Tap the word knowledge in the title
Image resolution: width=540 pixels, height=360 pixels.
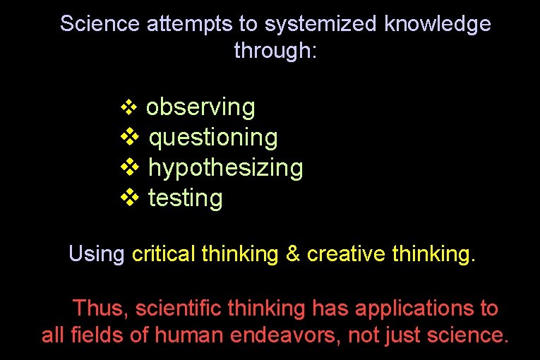[x=438, y=24]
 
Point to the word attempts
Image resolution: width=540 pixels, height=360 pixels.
[x=189, y=24]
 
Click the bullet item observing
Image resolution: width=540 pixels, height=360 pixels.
[x=200, y=107]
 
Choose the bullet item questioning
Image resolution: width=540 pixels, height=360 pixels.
[x=213, y=138]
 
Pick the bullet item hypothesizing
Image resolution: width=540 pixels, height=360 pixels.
[x=225, y=168]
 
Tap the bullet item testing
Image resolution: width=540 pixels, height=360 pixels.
[x=186, y=198]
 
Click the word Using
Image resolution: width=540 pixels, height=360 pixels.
[x=97, y=253]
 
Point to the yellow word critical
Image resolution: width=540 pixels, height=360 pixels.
[x=164, y=253]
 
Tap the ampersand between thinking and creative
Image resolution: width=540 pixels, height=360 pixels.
[x=293, y=253]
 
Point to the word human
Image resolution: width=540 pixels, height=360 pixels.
[x=178, y=335]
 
